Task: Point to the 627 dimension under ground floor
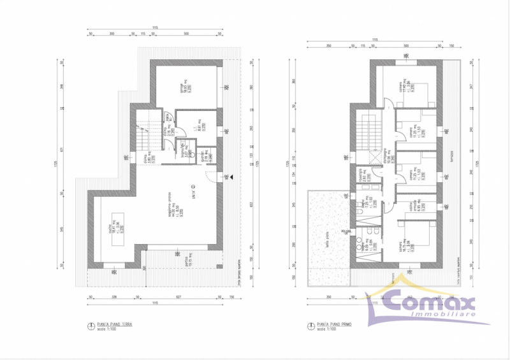click(x=180, y=298)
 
